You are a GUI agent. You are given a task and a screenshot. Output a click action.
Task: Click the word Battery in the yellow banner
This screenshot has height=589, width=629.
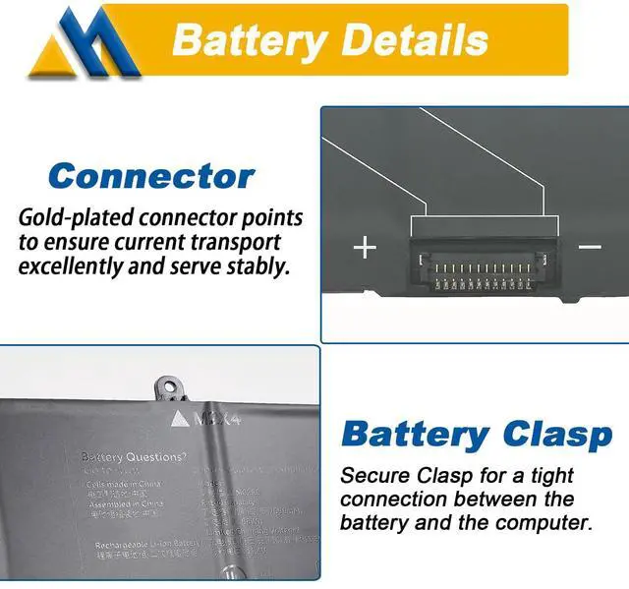tap(249, 40)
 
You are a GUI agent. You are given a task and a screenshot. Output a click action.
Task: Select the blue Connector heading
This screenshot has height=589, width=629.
tap(150, 176)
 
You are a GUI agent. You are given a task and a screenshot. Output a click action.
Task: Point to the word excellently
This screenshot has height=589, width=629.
tap(75, 265)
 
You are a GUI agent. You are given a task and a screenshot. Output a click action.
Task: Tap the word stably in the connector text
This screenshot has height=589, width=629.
tap(257, 265)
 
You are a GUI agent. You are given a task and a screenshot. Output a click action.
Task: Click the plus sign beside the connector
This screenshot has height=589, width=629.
tap(365, 246)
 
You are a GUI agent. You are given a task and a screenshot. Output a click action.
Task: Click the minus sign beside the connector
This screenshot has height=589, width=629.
tap(589, 246)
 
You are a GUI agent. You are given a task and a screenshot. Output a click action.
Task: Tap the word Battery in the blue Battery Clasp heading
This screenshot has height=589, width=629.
tap(414, 434)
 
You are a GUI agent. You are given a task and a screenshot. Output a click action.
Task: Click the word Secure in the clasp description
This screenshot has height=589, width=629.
tap(372, 476)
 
